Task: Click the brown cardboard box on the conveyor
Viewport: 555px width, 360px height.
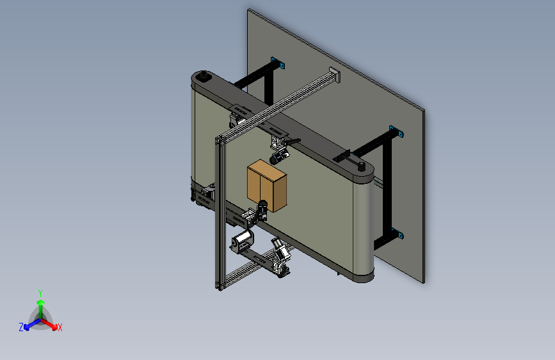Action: [267, 186]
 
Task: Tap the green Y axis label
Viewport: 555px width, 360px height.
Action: [40, 293]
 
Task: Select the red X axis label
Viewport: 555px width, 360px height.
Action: [60, 328]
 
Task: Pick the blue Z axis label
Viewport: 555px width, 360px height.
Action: [21, 327]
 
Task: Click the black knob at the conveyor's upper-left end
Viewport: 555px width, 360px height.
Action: [204, 75]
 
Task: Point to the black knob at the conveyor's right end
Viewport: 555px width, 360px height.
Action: [362, 166]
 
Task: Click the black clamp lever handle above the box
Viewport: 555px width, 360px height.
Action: [293, 142]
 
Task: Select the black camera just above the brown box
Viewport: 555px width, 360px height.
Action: [278, 158]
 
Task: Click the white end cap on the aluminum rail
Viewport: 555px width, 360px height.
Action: [335, 74]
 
